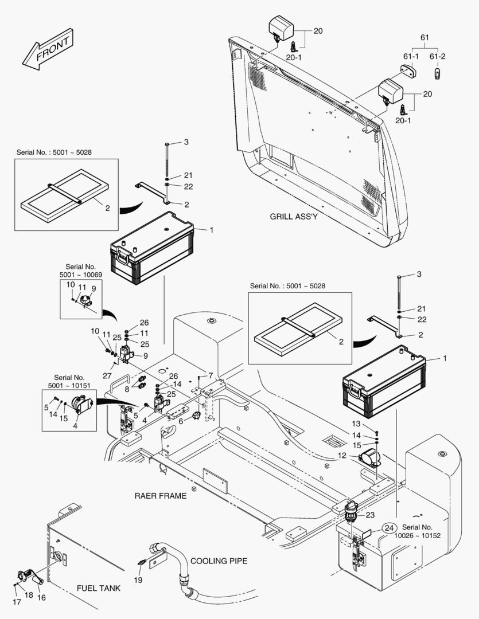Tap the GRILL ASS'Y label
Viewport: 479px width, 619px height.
point(294,217)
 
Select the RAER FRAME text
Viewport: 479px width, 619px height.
point(161,496)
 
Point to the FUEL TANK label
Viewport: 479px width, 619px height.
point(99,589)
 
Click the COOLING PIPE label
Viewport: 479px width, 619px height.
point(219,561)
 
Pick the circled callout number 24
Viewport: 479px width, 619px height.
point(389,528)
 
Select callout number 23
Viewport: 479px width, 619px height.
point(370,515)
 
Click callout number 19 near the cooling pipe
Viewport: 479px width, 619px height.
point(138,580)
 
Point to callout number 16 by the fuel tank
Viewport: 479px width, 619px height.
point(41,597)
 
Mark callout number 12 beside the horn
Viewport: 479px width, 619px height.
point(342,456)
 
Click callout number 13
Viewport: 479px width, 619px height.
point(356,424)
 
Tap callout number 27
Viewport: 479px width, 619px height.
point(107,376)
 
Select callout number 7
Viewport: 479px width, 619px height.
point(211,375)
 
